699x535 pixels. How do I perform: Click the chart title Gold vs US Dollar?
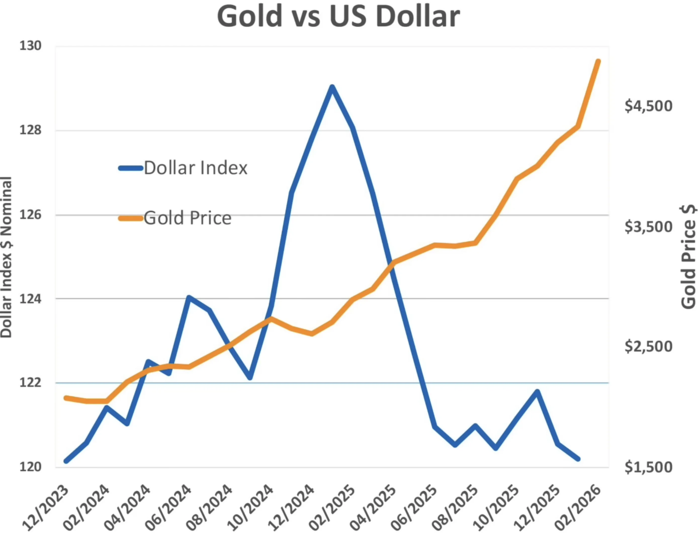(338, 17)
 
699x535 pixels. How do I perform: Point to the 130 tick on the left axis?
(30, 46)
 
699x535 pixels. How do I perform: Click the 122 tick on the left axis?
(30, 383)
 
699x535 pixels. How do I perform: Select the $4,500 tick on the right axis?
(648, 106)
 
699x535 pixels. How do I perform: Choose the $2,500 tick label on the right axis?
(648, 347)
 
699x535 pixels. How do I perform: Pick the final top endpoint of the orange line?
(598, 61)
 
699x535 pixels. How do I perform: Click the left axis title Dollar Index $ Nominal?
(6, 257)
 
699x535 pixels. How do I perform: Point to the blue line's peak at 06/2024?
(189, 297)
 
